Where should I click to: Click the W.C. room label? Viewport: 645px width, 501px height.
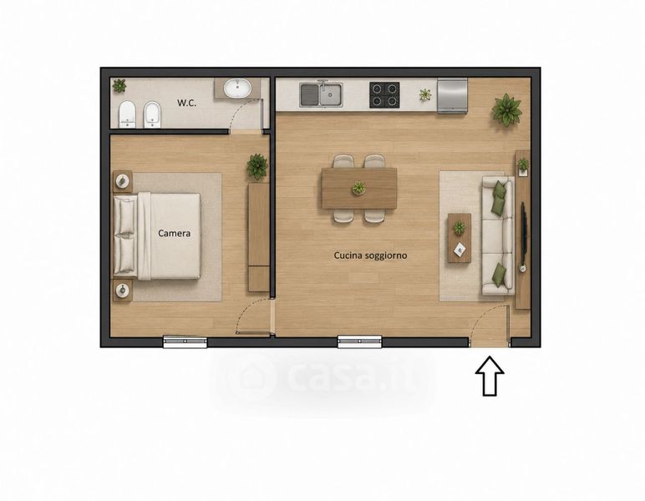click(x=187, y=103)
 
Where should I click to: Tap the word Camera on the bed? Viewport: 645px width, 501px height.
click(x=175, y=234)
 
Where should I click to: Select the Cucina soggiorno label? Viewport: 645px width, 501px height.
click(x=370, y=256)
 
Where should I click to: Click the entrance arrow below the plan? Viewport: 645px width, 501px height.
click(x=490, y=376)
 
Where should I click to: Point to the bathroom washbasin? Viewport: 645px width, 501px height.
click(x=238, y=88)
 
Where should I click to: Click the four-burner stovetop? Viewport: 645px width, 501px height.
click(x=384, y=95)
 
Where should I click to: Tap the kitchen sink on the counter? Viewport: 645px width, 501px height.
click(x=322, y=95)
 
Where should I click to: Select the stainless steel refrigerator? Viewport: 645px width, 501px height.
click(x=452, y=96)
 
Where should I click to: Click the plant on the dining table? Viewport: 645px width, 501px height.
click(x=358, y=188)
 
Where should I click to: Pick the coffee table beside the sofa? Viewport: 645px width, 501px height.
click(x=460, y=238)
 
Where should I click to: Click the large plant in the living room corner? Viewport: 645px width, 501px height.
click(x=507, y=109)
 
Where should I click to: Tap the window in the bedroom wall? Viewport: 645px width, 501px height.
click(x=185, y=342)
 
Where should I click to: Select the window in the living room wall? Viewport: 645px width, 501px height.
click(x=359, y=342)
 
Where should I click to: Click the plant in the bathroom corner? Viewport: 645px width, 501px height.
click(x=119, y=85)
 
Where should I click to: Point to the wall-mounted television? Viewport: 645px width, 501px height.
click(x=524, y=234)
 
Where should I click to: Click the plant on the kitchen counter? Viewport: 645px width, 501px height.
click(x=425, y=94)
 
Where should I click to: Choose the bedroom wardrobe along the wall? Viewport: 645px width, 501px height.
click(x=259, y=237)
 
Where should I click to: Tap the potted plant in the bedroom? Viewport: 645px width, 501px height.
click(x=257, y=166)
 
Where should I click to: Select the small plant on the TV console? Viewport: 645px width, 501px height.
click(x=523, y=165)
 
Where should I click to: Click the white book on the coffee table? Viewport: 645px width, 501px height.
click(x=460, y=248)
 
